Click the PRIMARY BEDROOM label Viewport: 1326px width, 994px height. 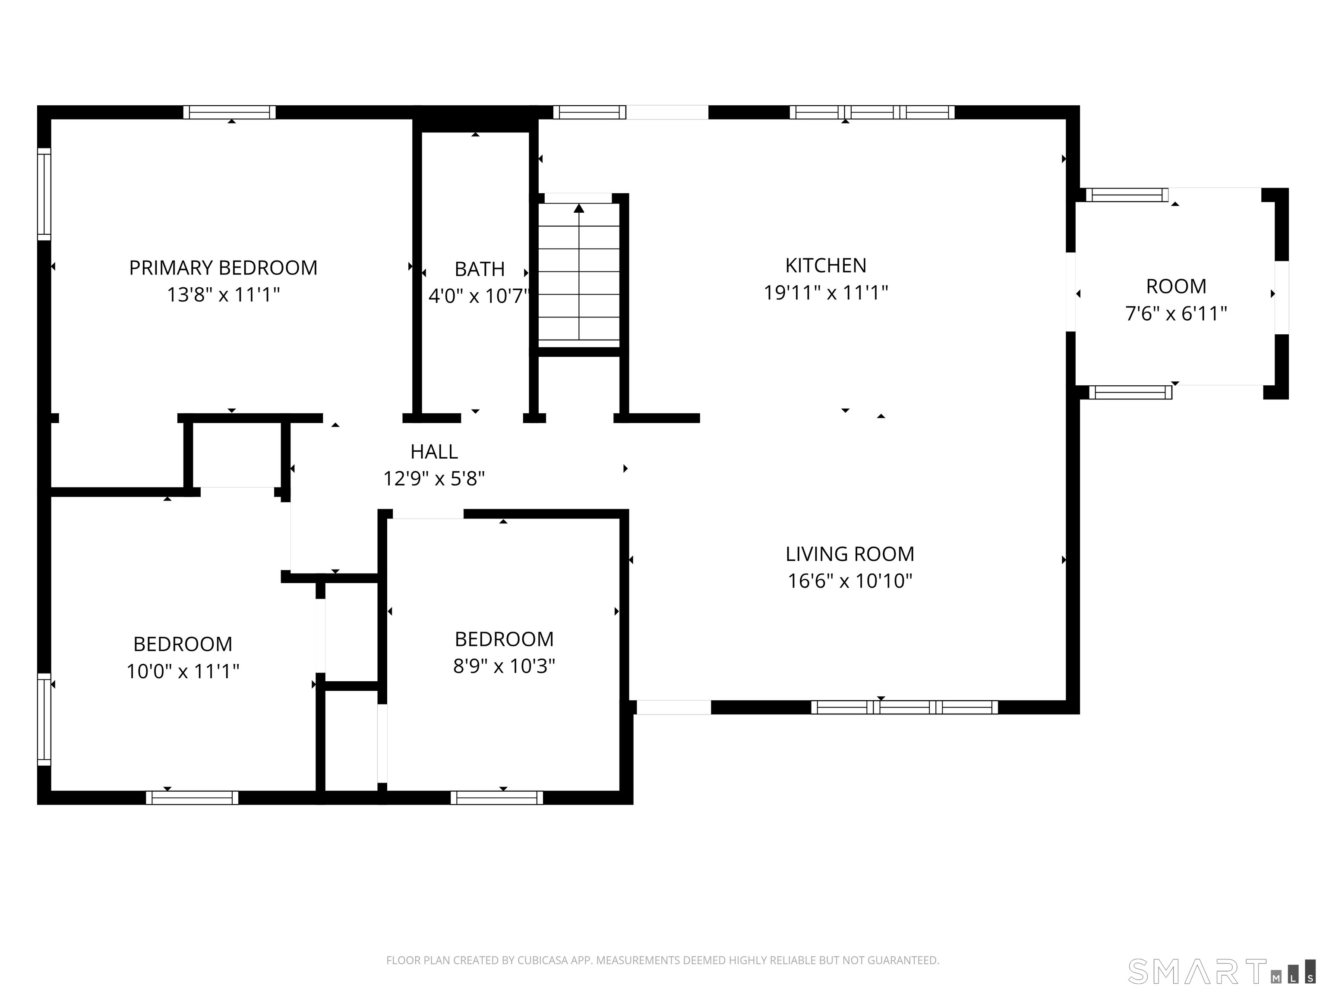(x=223, y=268)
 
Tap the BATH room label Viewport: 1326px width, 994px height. (x=480, y=270)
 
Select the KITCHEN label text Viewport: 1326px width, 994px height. (x=825, y=265)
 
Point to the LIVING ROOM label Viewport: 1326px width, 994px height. (x=850, y=554)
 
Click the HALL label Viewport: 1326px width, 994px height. (x=434, y=452)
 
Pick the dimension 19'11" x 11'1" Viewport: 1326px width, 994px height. (x=825, y=293)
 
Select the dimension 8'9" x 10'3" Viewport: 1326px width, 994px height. (x=504, y=666)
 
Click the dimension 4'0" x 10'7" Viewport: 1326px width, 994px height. (x=480, y=296)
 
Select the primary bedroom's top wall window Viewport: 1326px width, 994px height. (x=230, y=112)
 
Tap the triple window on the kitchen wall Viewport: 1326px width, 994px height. (x=872, y=112)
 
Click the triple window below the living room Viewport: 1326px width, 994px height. (x=905, y=707)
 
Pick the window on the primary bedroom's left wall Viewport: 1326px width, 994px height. (x=44, y=194)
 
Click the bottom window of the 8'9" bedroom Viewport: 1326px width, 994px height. (x=497, y=797)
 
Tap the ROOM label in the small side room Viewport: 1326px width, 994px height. (x=1176, y=286)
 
